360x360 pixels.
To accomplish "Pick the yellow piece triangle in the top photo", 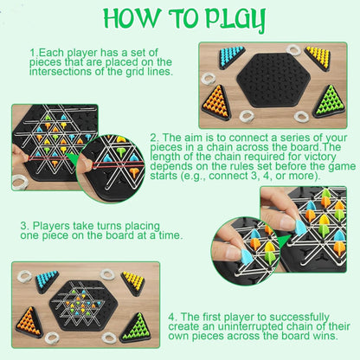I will pos(318,58).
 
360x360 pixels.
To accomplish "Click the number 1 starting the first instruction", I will pos(31,53).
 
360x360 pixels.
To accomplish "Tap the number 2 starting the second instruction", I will pos(153,138).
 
